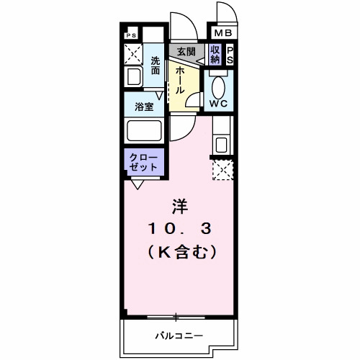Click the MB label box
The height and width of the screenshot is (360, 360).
(x=221, y=32)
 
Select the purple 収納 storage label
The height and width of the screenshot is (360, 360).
(x=215, y=55)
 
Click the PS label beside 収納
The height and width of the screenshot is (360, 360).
(x=230, y=55)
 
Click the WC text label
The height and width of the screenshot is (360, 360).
(x=219, y=103)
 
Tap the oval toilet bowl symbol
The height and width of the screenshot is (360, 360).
(x=218, y=85)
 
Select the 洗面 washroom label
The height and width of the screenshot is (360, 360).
(x=156, y=66)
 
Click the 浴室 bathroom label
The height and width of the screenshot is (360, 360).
(x=143, y=107)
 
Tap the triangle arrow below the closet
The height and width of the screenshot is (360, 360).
(x=136, y=184)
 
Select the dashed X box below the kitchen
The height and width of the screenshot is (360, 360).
(x=221, y=171)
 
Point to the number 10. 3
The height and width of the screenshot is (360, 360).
(x=179, y=230)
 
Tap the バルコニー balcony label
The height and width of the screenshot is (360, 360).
(x=179, y=336)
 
